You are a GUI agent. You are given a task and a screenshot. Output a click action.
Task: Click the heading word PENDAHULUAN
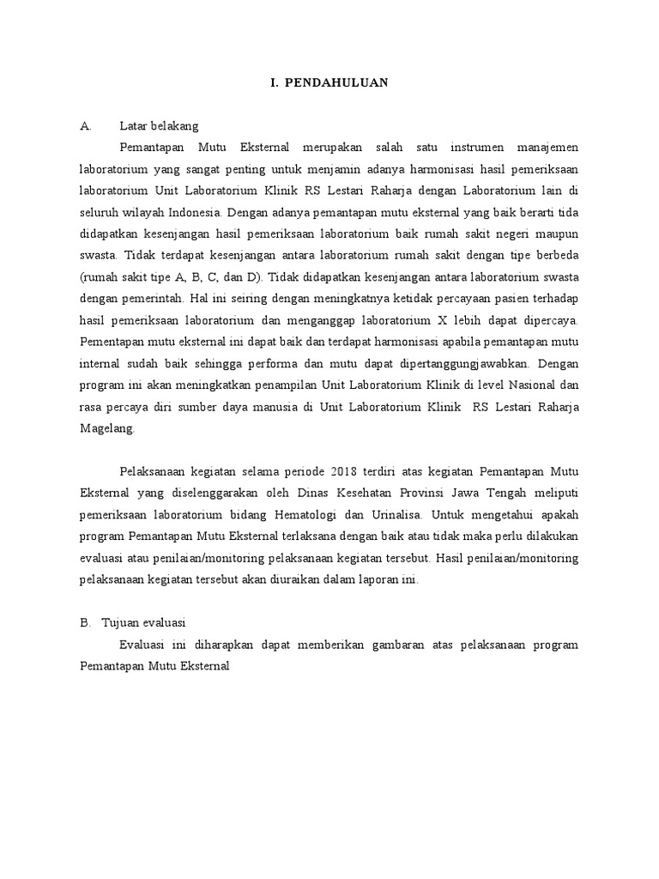[342, 82]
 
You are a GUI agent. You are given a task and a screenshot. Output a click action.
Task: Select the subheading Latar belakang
[159, 126]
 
